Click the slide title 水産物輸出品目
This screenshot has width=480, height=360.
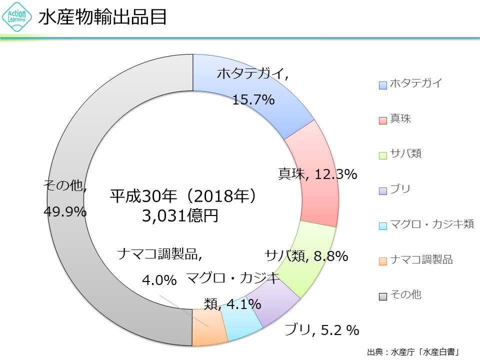(102, 18)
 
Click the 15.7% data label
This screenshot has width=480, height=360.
(253, 100)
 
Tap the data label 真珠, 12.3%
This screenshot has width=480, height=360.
(317, 174)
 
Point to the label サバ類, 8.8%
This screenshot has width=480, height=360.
(306, 256)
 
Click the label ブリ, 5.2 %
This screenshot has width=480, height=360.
(322, 330)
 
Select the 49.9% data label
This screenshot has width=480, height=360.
(65, 211)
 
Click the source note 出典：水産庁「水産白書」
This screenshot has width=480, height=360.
(413, 351)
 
